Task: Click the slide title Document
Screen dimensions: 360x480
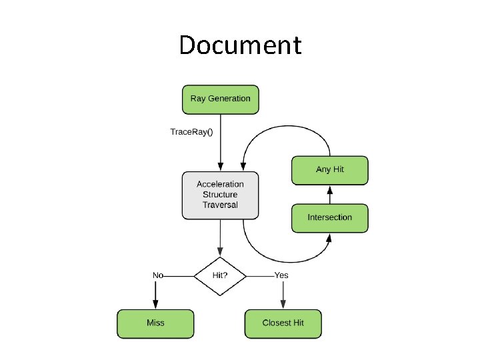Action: pyautogui.click(x=240, y=45)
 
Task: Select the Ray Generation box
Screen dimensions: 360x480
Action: pyautogui.click(x=220, y=99)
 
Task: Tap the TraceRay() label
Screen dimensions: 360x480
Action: pyautogui.click(x=191, y=131)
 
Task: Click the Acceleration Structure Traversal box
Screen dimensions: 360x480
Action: pyautogui.click(x=220, y=195)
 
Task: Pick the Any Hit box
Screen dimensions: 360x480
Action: pyautogui.click(x=329, y=170)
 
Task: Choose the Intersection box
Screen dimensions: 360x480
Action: pyautogui.click(x=329, y=218)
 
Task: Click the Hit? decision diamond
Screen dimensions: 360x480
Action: pyautogui.click(x=220, y=275)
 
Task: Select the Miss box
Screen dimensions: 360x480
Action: pyautogui.click(x=155, y=323)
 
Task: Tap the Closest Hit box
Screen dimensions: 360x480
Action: pyautogui.click(x=283, y=323)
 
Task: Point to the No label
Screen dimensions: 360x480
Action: pyautogui.click(x=158, y=275)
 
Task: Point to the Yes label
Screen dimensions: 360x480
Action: pyautogui.click(x=281, y=275)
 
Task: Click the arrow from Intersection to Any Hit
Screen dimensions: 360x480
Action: pyautogui.click(x=329, y=195)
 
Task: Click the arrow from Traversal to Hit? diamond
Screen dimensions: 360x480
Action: pyautogui.click(x=220, y=237)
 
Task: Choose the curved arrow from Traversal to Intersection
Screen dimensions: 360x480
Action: pyautogui.click(x=280, y=260)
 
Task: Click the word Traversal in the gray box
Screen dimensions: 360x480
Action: pyautogui.click(x=220, y=205)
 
